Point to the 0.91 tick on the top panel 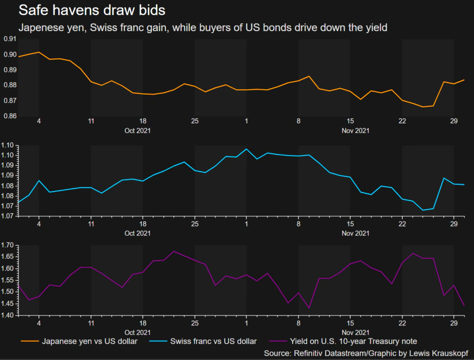click(x=9, y=39)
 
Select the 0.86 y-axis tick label click(x=9, y=116)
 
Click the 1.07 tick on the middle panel click(x=9, y=216)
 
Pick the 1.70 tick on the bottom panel click(x=9, y=245)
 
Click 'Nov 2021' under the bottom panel click(x=355, y=331)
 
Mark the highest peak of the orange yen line click(x=39, y=52)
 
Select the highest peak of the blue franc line click(x=246, y=149)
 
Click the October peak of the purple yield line click(x=173, y=251)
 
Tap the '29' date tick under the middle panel click(x=454, y=224)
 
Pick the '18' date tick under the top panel click(x=143, y=121)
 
